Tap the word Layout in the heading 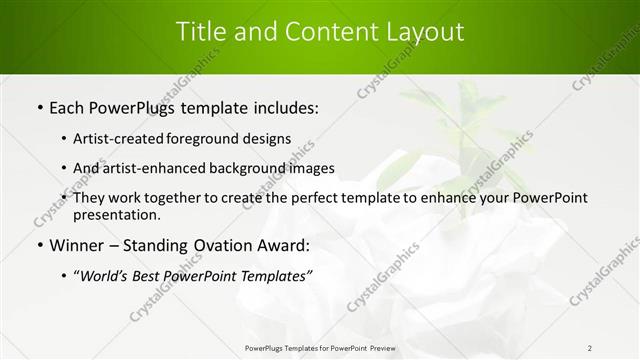421,32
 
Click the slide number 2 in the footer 590,347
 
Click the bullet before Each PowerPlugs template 39,108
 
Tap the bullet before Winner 39,245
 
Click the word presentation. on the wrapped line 117,215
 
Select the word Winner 79,245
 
